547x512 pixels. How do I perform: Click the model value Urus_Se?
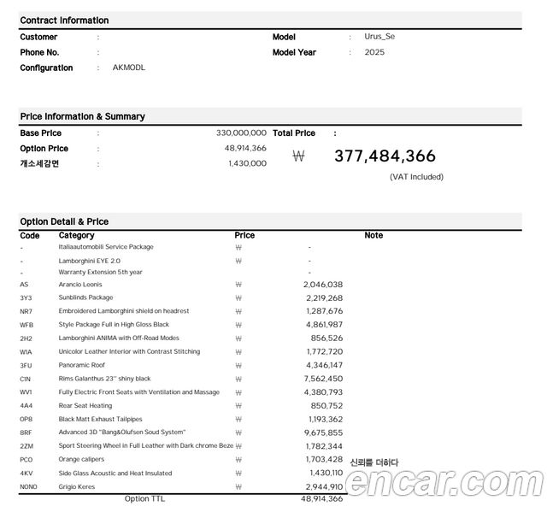[379, 37]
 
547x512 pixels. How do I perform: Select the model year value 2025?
[374, 52]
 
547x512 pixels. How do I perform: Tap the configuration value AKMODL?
[129, 68]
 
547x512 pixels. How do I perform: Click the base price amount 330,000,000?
[241, 133]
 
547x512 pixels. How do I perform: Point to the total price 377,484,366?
[385, 156]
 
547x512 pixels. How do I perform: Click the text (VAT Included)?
[416, 177]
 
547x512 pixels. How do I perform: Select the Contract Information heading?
[64, 20]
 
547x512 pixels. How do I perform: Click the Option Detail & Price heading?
[64, 221]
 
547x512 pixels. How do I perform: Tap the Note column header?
[373, 235]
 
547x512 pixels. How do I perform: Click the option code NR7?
[26, 311]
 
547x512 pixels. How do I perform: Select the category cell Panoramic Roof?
[82, 365]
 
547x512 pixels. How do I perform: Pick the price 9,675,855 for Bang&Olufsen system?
[322, 433]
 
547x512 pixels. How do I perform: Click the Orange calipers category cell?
[81, 459]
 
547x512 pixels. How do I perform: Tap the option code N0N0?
[29, 486]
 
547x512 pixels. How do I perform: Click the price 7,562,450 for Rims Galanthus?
[322, 379]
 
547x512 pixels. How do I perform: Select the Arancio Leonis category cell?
[80, 284]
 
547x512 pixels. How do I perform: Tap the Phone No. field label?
[39, 52]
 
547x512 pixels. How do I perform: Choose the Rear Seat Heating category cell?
[85, 405]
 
